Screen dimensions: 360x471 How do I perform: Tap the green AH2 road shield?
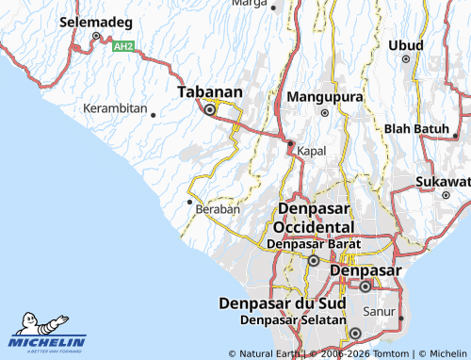point(122,46)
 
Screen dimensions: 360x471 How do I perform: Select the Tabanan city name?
point(210,92)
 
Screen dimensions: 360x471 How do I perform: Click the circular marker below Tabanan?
point(210,109)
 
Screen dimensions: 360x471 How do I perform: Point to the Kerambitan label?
point(115,108)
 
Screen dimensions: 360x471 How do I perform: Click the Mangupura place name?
point(324,97)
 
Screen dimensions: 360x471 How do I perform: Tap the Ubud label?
point(406,45)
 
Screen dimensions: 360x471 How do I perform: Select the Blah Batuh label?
point(416,128)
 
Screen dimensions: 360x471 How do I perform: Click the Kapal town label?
point(312,151)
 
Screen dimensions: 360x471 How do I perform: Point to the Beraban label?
point(218,209)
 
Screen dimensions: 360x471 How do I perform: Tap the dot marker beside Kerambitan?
point(153,114)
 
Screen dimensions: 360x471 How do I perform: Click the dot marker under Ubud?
point(407,59)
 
